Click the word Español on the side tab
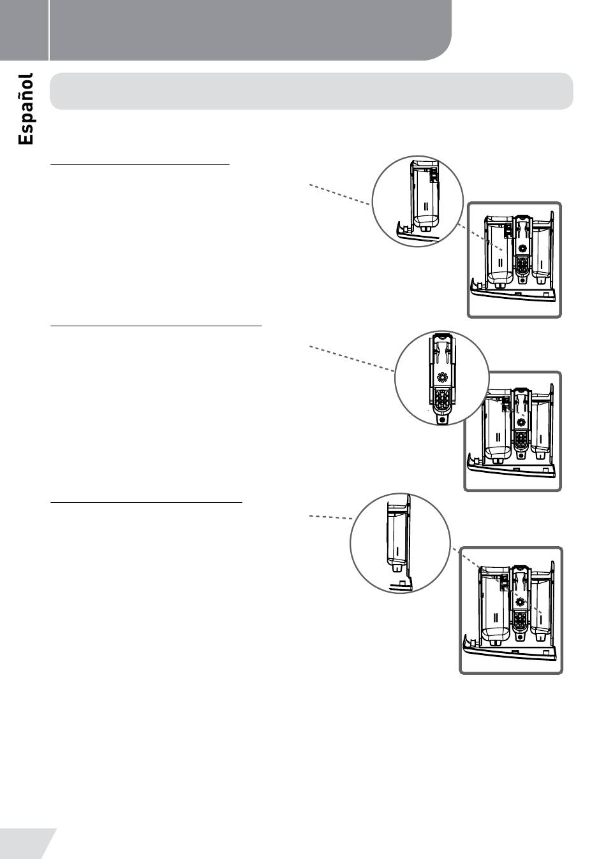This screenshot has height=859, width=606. coord(26,109)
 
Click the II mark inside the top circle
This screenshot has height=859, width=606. coord(425,206)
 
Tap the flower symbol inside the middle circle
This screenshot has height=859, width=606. coord(441,377)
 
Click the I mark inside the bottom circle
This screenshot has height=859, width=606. coord(397,549)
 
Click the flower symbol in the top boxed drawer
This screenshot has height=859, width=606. coord(522,249)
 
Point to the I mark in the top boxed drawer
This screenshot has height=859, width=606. coord(542,263)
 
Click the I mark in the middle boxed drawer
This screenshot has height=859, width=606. coord(541,438)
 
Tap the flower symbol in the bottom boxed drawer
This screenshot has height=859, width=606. coord(519,602)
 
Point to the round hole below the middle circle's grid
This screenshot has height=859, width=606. coord(441,420)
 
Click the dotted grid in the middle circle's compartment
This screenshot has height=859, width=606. coord(441,399)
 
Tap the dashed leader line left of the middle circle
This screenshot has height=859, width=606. coord(351,358)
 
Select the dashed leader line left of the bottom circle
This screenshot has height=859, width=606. coord(331,517)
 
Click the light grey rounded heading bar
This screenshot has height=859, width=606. coord(311,91)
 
